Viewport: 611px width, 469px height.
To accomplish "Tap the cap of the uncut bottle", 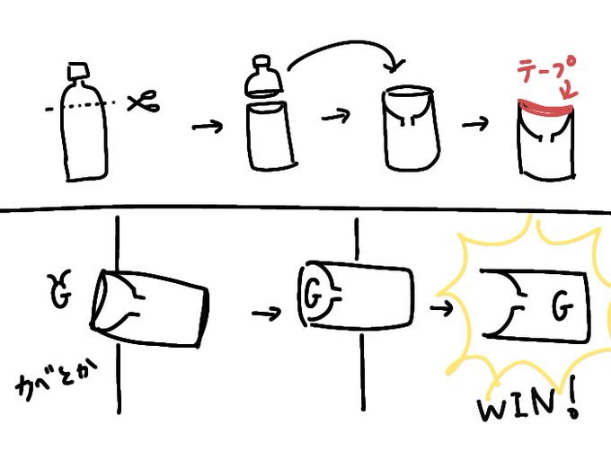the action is point(78,71).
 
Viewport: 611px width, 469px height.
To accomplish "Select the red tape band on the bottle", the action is point(545,109).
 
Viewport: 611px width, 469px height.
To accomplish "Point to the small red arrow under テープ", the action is point(569,90).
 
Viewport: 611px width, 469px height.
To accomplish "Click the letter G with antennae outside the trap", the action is point(59,289).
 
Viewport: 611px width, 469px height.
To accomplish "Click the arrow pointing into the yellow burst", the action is point(442,308).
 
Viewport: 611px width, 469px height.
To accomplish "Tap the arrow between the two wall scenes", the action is point(266,313).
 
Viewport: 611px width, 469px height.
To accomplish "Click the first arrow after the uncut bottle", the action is point(207,127).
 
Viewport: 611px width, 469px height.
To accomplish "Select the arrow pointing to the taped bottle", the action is point(475,124).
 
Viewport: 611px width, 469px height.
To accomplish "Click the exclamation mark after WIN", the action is point(573,403).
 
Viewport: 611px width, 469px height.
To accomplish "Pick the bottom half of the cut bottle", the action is point(270,135).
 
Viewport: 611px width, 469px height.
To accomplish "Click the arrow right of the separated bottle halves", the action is point(335,116).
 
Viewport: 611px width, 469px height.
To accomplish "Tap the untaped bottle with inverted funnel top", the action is point(412,128).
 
